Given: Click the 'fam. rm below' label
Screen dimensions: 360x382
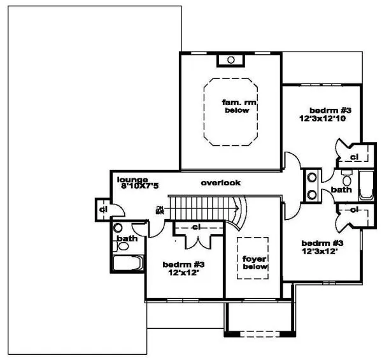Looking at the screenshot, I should pyautogui.click(x=236, y=106).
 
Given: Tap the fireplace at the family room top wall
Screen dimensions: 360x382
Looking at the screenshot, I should pyautogui.click(x=231, y=60).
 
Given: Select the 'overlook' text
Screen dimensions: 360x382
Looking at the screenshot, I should pyautogui.click(x=221, y=183).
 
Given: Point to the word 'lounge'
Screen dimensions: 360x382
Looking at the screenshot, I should pyautogui.click(x=132, y=179).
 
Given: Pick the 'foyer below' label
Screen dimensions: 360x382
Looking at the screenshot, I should pyautogui.click(x=253, y=264).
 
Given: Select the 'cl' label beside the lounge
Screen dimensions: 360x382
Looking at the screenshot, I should pyautogui.click(x=103, y=208).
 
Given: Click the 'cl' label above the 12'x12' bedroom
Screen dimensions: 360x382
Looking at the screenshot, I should pyautogui.click(x=197, y=227).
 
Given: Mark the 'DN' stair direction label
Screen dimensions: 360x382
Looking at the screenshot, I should pyautogui.click(x=159, y=209).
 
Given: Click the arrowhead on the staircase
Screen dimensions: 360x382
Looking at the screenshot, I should pyautogui.click(x=237, y=206).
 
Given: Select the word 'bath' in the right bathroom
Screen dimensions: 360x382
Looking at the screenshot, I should pyautogui.click(x=342, y=189).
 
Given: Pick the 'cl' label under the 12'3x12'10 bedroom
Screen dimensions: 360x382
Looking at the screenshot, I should pyautogui.click(x=354, y=156).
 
